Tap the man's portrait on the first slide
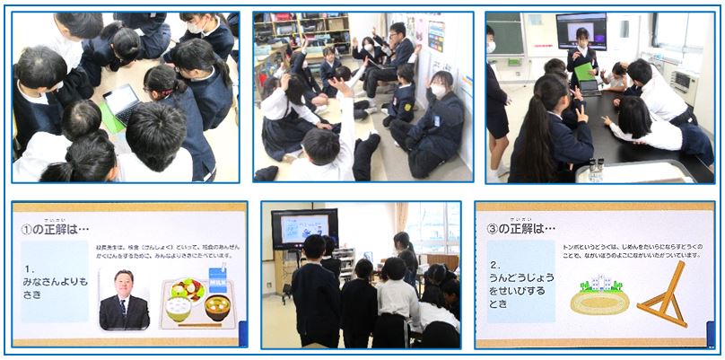124,299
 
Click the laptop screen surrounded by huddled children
121,101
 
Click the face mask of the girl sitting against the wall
438,92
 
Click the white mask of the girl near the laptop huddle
197,28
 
